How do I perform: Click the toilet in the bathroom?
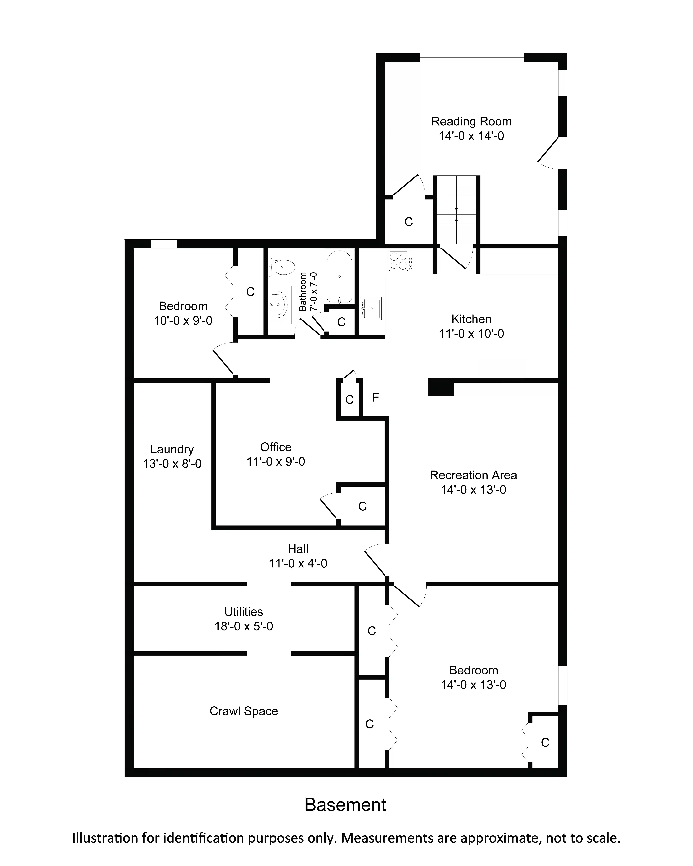click(x=282, y=267)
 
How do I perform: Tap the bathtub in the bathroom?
click(x=340, y=277)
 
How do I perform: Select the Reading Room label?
click(x=471, y=121)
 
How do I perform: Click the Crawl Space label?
click(x=244, y=711)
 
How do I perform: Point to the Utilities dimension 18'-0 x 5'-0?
click(x=244, y=626)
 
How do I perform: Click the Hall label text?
click(x=298, y=549)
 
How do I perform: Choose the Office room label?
click(x=276, y=447)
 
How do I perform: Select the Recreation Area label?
click(x=473, y=475)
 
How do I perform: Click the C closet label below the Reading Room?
click(x=409, y=222)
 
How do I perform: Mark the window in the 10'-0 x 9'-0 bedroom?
click(x=164, y=244)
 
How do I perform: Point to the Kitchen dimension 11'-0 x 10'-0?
click(x=471, y=333)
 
